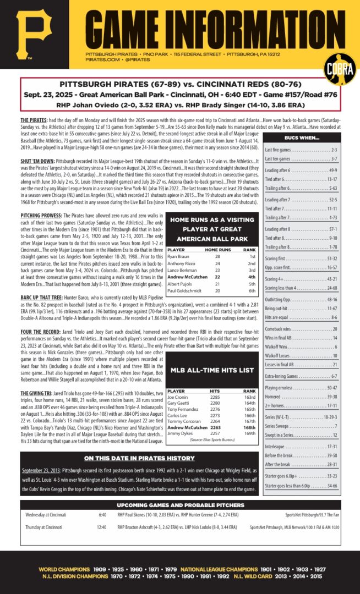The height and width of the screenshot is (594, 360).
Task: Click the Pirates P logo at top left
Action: tap(34, 35)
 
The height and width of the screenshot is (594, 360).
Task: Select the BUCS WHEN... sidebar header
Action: tap(302, 137)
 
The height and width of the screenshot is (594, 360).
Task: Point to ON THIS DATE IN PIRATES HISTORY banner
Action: tap(139, 458)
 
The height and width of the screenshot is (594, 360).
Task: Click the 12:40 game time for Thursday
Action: tap(102, 527)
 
